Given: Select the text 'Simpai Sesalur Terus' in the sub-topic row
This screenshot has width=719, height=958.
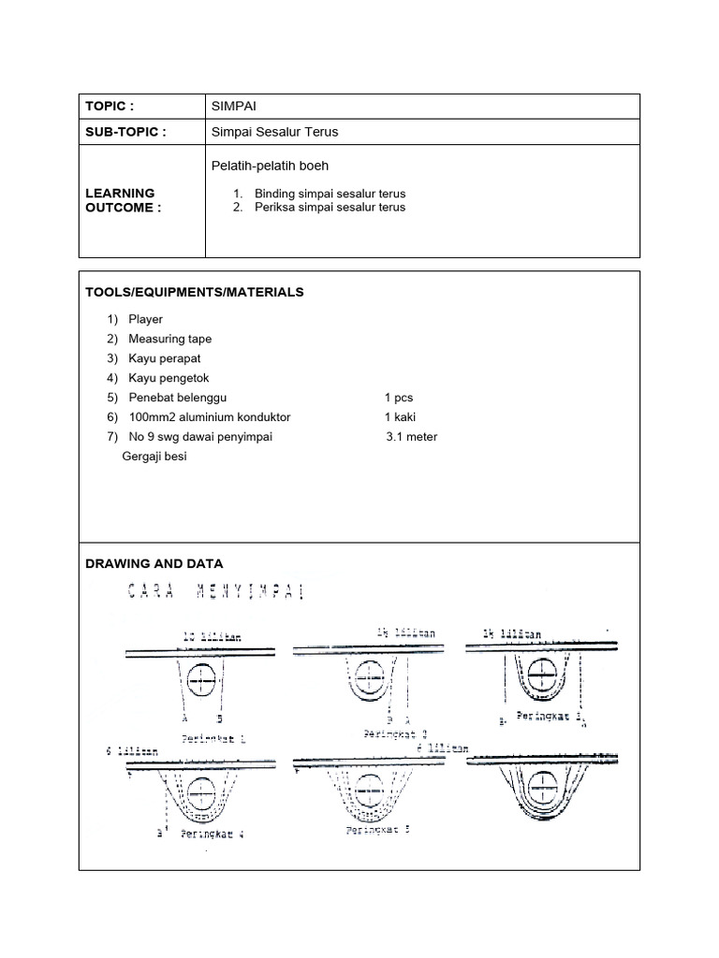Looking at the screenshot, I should (274, 132).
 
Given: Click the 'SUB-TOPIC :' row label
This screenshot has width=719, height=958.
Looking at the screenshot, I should (125, 132).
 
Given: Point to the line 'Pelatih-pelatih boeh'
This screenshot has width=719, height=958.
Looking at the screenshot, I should (271, 166).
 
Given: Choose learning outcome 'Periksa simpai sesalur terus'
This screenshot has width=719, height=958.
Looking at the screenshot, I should (330, 207).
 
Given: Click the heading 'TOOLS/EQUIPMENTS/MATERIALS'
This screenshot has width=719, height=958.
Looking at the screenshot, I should (195, 292).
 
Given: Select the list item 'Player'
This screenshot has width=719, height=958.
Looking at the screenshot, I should (145, 319).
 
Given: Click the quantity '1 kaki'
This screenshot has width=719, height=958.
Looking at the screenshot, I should (400, 417).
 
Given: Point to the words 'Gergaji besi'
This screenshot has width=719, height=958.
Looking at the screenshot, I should (154, 457).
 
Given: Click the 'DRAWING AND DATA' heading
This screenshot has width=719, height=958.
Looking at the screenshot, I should (154, 563).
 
